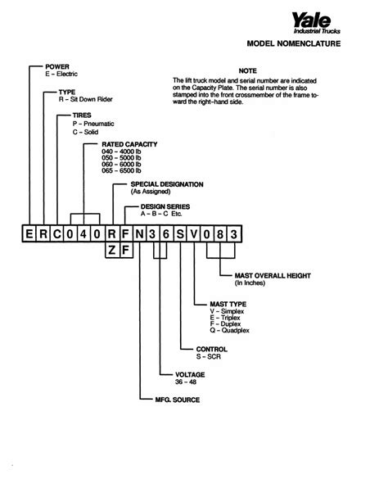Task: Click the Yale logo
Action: (316, 23)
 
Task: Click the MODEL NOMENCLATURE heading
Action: (294, 43)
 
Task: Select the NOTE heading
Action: (247, 70)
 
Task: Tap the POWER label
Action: (57, 66)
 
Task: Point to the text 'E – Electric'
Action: (61, 74)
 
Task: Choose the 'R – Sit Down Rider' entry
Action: (85, 99)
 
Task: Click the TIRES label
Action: (82, 115)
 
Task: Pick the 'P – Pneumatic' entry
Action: (93, 124)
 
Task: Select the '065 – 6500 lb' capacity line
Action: (121, 170)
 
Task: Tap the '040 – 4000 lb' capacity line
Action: (121, 152)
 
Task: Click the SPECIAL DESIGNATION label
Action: (167, 184)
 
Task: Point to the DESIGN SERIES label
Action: (165, 207)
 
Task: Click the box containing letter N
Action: (140, 234)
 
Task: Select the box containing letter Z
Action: (112, 250)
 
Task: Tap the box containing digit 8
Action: (220, 234)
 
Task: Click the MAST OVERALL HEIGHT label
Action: (273, 276)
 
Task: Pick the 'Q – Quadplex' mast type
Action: (229, 330)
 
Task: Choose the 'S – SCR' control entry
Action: (209, 357)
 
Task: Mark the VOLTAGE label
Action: (190, 374)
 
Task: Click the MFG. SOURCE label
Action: (178, 400)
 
